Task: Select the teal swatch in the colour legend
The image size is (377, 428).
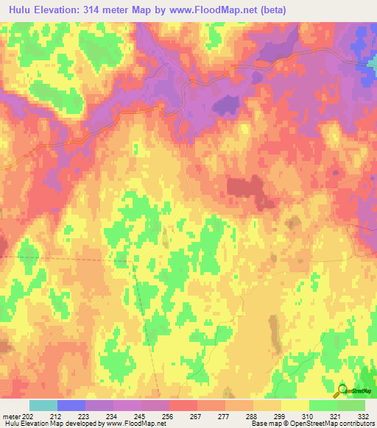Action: click(x=43, y=405)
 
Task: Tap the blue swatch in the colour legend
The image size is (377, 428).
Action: click(x=71, y=405)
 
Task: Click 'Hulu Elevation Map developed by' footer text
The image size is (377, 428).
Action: click(x=54, y=424)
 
